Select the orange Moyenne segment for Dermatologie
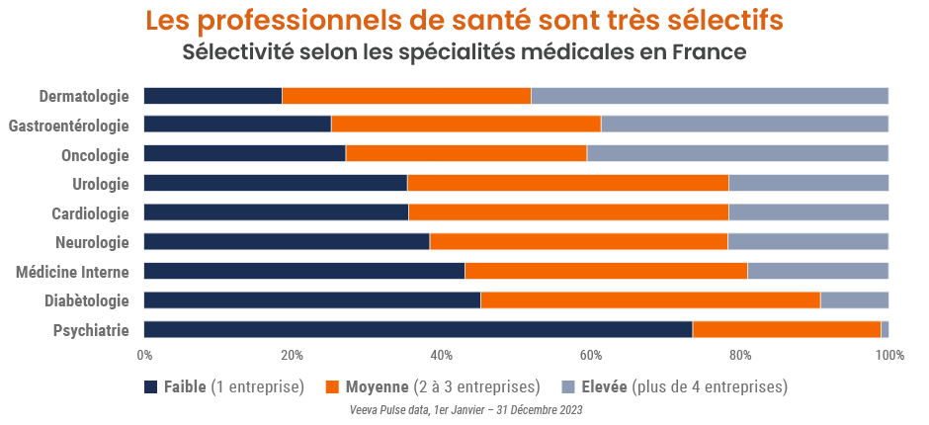pos(406,96)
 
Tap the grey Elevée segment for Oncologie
pos(737,154)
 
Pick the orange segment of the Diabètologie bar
pos(650,300)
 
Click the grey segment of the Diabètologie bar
pos(854,300)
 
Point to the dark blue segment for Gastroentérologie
pos(237,125)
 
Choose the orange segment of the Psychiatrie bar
pos(786,330)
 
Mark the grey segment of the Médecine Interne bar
pos(817,271)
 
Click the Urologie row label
pos(101,184)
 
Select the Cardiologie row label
pos(90,213)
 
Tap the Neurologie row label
pos(92,242)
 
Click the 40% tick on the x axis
pos(442,356)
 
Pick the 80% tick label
pos(740,356)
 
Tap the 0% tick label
pos(144,356)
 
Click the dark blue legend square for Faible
pos(151,386)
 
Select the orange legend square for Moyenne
pos(332,386)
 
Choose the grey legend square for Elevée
pos(568,386)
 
